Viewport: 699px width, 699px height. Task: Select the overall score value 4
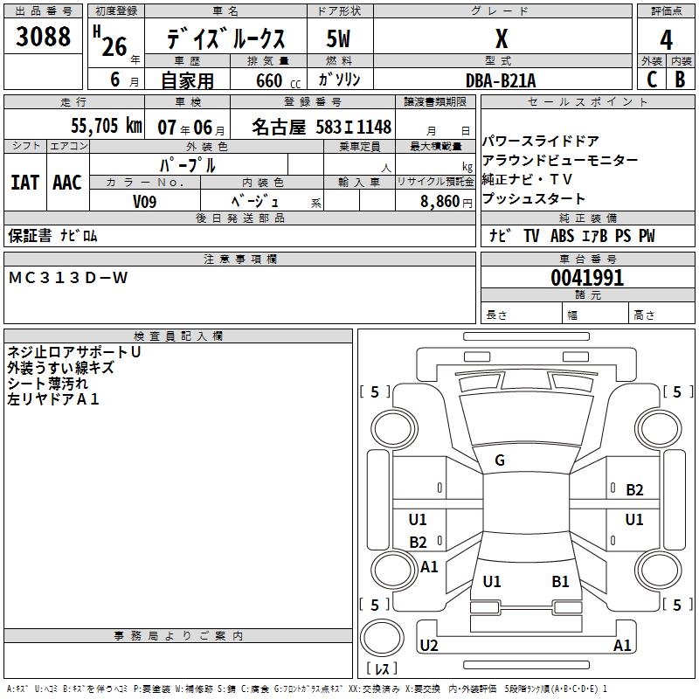666,39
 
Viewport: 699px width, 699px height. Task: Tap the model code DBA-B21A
501,80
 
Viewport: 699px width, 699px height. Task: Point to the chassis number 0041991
587,278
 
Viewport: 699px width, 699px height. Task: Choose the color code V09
145,201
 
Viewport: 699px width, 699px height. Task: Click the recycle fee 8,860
446,201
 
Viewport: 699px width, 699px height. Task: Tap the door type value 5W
338,39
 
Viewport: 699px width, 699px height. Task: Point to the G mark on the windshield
500,460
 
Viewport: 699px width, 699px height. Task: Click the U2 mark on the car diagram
428,646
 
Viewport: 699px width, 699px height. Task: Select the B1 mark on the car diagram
560,581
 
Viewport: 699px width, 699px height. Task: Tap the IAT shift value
24,182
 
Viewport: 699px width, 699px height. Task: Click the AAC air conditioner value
66,182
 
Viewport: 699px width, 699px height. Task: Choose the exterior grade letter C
651,80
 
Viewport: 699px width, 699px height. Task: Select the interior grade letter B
680,80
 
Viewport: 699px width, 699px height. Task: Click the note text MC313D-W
68,278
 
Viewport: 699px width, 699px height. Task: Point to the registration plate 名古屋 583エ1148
322,126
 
